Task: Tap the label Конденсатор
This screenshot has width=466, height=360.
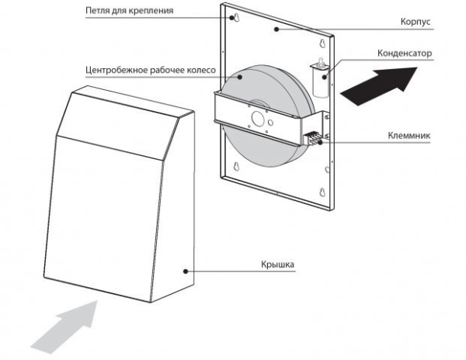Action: (x=404, y=54)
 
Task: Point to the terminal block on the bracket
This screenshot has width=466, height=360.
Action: (x=313, y=137)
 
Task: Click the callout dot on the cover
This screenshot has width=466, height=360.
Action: (x=183, y=271)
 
